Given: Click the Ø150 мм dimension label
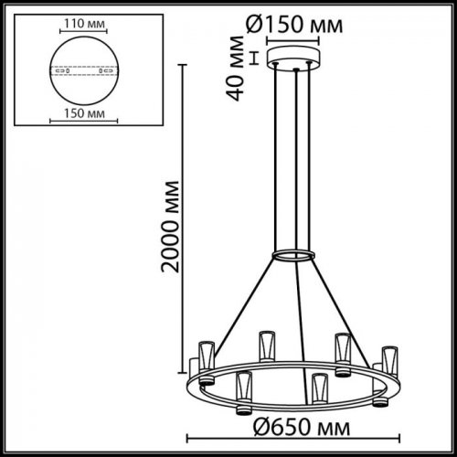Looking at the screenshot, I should tap(294, 26).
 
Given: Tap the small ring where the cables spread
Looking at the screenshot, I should tap(294, 253).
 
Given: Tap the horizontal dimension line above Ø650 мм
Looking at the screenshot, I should tap(294, 408).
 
